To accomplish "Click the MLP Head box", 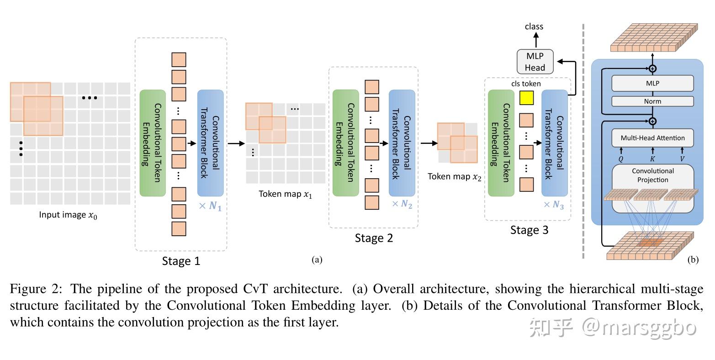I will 535,62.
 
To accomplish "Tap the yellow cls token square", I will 527,98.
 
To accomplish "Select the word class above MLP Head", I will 534,26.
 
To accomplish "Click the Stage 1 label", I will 181,261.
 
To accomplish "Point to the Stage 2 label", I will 374,238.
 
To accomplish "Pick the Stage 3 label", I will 529,230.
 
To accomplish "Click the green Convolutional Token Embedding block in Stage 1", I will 153,143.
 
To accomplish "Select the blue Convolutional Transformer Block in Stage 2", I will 402,143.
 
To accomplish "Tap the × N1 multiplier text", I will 210,206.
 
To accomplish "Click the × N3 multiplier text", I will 553,205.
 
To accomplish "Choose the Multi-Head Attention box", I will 652,138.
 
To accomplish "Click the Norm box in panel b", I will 652,101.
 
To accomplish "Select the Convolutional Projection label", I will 652,175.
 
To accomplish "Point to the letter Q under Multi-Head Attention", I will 621,159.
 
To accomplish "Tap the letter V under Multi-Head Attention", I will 683,159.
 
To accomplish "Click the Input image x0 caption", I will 68,215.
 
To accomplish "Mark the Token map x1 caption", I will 286,194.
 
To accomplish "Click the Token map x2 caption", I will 454,177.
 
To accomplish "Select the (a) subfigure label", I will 317,260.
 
